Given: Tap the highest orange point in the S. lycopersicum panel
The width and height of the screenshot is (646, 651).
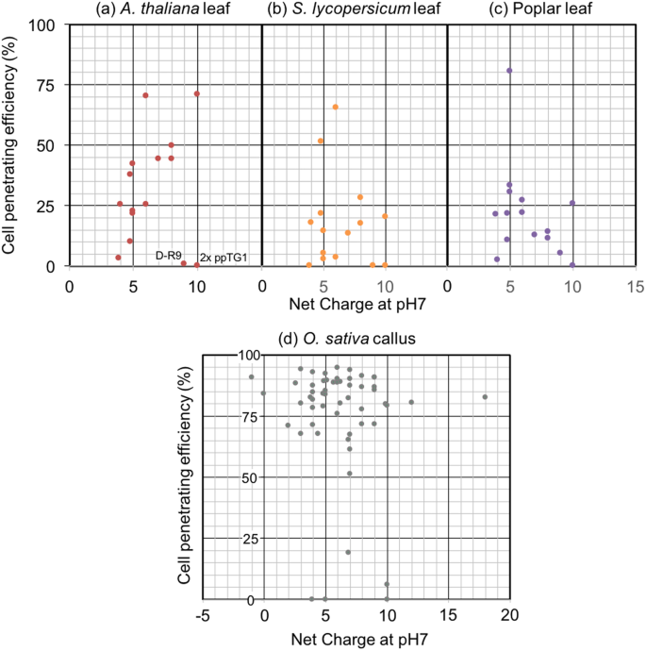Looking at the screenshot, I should [335, 108].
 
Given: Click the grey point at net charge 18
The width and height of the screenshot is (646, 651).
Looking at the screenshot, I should [485, 397].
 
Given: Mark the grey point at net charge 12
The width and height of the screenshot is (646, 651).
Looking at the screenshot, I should [411, 402].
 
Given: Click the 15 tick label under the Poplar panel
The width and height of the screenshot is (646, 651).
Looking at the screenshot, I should [636, 283].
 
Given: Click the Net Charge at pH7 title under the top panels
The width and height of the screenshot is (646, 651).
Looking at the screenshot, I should [352, 304].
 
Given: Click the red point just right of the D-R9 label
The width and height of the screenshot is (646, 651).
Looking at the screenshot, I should [183, 263].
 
